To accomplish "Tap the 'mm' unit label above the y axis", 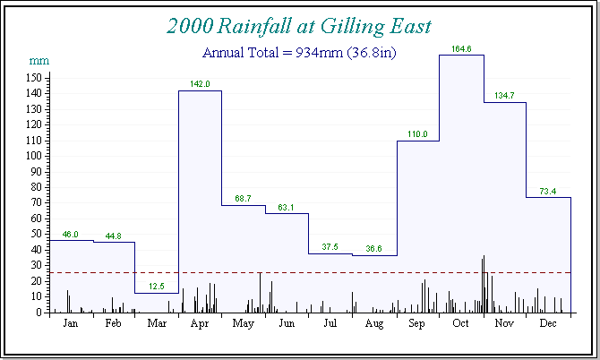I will click(39, 61).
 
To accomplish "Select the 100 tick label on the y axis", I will click(36, 156).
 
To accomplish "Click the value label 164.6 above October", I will click(462, 48).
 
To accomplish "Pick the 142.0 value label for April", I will click(200, 84).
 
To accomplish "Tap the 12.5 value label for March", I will click(157, 287).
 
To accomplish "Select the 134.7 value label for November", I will click(505, 95).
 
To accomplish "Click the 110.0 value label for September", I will click(418, 134).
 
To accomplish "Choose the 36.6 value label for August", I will click(374, 249).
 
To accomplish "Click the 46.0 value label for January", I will click(70, 235).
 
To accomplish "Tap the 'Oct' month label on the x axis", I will click(461, 324).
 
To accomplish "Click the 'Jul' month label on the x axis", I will click(330, 324).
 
